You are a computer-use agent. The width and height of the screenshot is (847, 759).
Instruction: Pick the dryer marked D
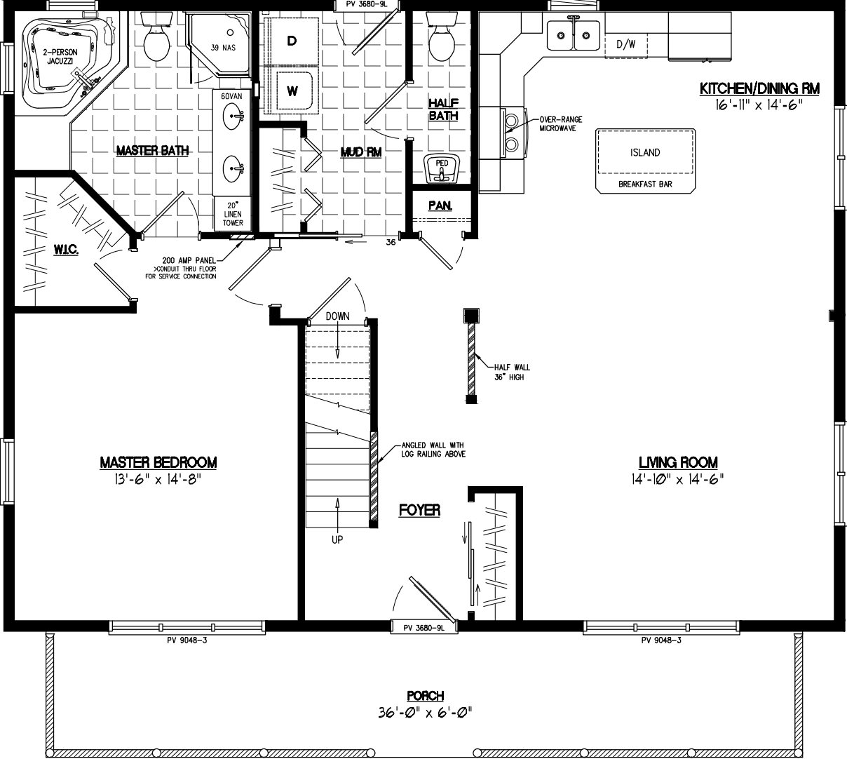[291, 41]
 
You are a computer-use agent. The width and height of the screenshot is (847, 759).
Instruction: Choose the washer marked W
[292, 90]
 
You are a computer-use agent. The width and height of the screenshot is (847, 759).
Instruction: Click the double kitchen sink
[573, 34]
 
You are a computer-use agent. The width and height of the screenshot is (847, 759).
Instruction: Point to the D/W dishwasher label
[626, 44]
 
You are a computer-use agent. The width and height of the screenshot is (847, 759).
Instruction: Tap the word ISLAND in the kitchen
[645, 152]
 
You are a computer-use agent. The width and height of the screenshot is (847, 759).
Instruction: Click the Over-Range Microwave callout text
[560, 124]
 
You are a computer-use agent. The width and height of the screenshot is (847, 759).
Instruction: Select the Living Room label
[677, 462]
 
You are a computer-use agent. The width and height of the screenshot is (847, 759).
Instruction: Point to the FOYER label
[419, 510]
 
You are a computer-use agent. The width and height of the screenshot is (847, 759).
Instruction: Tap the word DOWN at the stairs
[337, 316]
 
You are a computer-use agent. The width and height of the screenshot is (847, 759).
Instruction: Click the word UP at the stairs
[338, 540]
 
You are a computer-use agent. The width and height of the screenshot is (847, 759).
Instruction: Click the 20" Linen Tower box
[233, 214]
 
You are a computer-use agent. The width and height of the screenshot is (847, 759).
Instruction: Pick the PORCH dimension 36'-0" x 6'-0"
[424, 713]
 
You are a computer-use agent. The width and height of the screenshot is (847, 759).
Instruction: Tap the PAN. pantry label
[440, 206]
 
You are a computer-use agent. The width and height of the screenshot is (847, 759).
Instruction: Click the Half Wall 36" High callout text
[512, 372]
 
